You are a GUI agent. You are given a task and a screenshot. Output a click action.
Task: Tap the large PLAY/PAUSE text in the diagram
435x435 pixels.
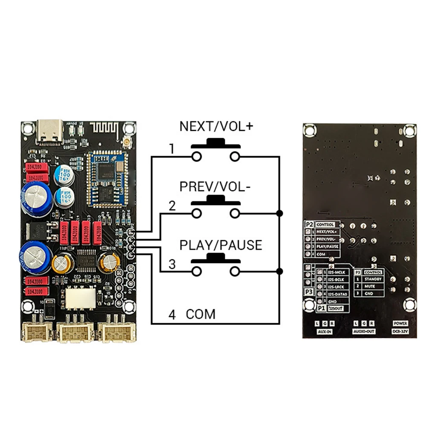(220, 245)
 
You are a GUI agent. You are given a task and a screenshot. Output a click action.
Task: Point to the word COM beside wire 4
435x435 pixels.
(200, 315)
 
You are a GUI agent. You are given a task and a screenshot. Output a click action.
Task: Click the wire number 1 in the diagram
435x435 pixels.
(171, 149)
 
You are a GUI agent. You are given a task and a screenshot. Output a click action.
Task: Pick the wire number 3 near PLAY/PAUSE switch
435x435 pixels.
(172, 264)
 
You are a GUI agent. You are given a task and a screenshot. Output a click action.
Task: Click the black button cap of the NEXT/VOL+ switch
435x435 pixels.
(215, 142)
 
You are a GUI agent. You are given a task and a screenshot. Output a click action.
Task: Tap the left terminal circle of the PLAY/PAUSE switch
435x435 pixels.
(196, 272)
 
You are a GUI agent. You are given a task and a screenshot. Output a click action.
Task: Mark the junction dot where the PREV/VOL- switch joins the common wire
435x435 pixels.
(279, 213)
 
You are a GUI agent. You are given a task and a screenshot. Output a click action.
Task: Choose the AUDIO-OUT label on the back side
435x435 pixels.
(364, 331)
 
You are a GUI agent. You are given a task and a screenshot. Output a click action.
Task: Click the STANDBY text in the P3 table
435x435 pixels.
(373, 279)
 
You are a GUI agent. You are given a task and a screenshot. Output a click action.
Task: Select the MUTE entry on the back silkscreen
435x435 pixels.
(369, 286)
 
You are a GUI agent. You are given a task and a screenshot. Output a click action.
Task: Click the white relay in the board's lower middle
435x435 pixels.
(80, 298)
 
